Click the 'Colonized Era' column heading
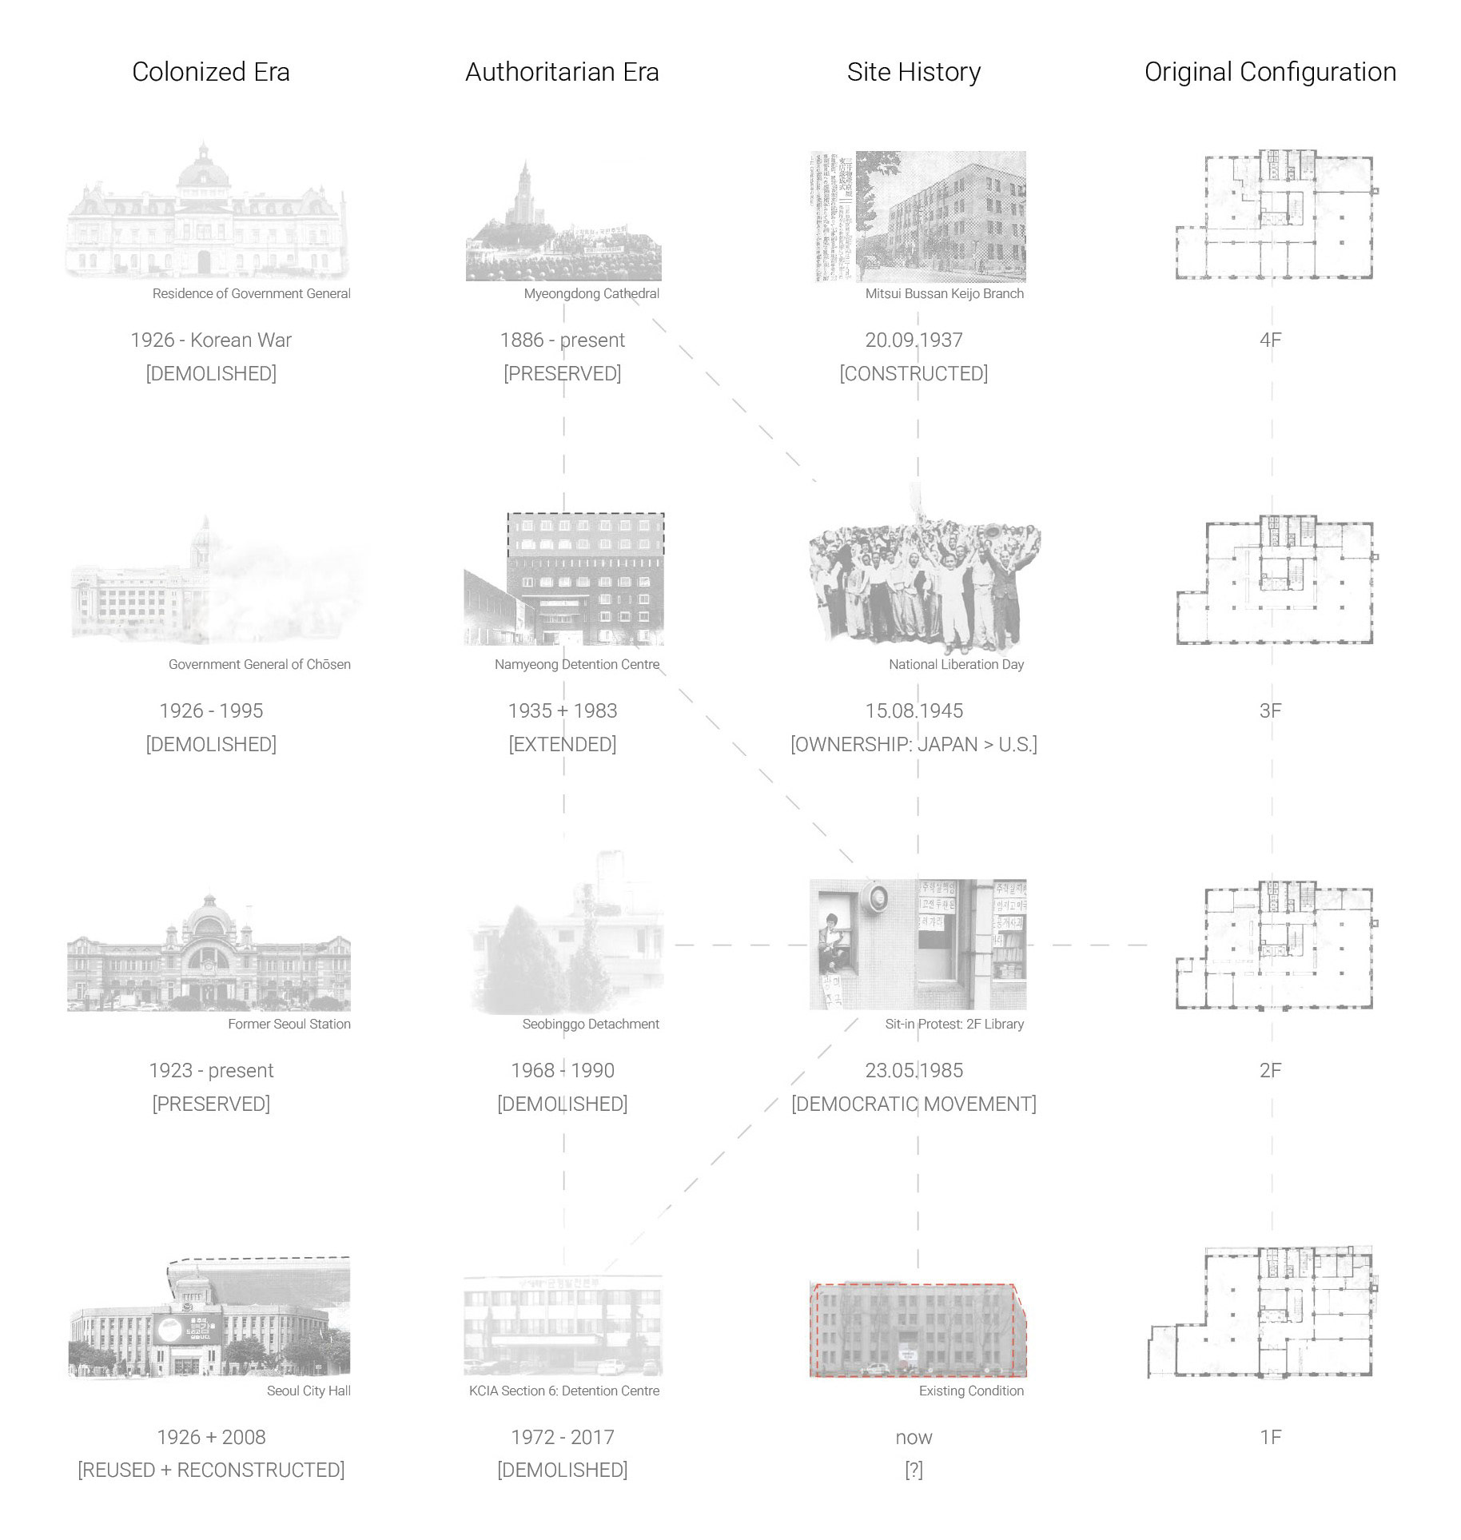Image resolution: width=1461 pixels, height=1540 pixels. pyautogui.click(x=211, y=72)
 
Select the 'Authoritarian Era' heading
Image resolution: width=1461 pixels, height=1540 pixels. pyautogui.click(x=562, y=72)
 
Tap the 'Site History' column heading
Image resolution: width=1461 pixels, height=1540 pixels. pyautogui.click(x=914, y=72)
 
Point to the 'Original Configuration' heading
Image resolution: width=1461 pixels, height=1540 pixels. pyautogui.click(x=1270, y=72)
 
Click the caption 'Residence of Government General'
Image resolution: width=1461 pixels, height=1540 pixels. pyautogui.click(x=251, y=293)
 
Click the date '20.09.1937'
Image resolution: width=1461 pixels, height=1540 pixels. pyautogui.click(x=914, y=340)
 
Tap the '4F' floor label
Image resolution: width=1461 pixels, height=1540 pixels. pyautogui.click(x=1270, y=340)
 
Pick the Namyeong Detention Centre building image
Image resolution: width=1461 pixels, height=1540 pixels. pyautogui.click(x=564, y=579)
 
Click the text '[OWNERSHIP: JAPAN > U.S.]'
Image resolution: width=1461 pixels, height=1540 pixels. pyautogui.click(x=914, y=744)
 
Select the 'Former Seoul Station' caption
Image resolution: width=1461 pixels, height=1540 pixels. pyautogui.click(x=289, y=1024)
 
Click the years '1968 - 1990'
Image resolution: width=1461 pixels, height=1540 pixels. pyautogui.click(x=563, y=1070)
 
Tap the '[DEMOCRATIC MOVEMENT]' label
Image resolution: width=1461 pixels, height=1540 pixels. pyautogui.click(x=914, y=1104)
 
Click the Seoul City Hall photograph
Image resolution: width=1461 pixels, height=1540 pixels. pyautogui.click(x=209, y=1319)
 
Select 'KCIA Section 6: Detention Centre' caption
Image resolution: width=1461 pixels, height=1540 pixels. pyautogui.click(x=564, y=1391)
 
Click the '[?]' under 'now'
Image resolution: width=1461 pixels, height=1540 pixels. pyautogui.click(x=914, y=1470)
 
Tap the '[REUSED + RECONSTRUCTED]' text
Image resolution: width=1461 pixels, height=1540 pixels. pyautogui.click(x=211, y=1470)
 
